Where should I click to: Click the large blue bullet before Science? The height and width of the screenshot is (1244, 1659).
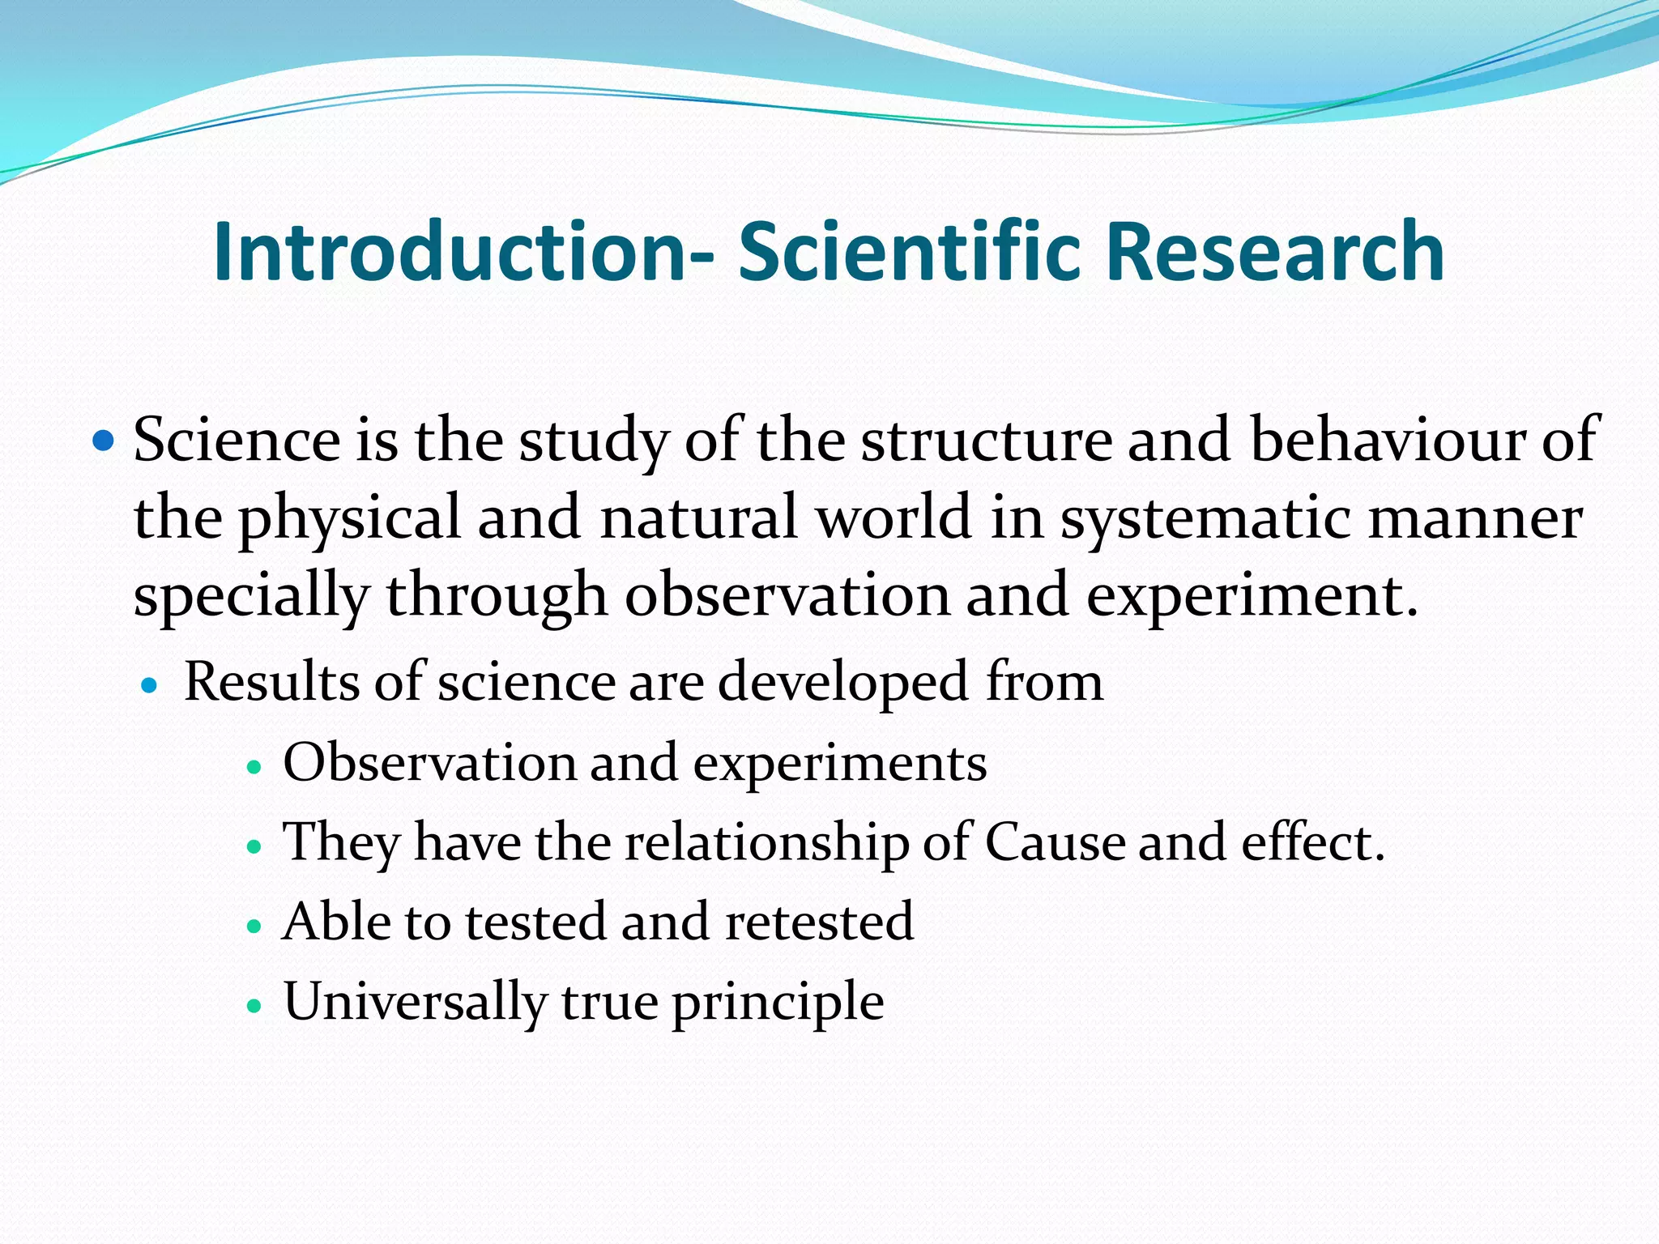coord(104,441)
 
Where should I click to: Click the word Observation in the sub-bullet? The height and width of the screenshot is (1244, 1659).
coord(429,762)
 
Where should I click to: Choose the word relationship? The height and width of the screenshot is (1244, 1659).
coord(766,842)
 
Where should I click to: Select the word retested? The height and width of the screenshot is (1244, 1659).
coord(819,922)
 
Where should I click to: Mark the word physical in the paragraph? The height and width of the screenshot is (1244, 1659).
coord(349,518)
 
